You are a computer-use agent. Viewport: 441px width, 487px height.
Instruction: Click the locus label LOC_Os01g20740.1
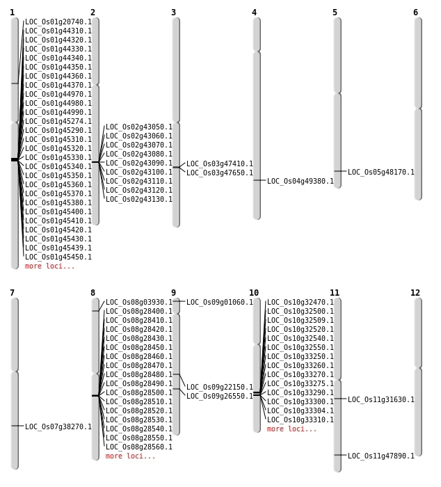pyautogui.click(x=58, y=22)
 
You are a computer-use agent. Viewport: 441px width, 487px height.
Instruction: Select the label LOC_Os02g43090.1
pyautogui.click(x=139, y=163)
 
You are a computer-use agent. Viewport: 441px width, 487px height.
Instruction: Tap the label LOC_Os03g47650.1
pyautogui.click(x=220, y=173)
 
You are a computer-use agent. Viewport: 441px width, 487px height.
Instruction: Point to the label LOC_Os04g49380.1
pyautogui.click(x=300, y=181)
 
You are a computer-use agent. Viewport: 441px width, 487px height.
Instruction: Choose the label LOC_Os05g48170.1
pyautogui.click(x=381, y=172)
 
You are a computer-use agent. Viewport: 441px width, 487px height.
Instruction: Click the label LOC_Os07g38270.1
pyautogui.click(x=58, y=426)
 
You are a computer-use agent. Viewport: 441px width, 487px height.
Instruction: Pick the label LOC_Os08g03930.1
pyautogui.click(x=139, y=302)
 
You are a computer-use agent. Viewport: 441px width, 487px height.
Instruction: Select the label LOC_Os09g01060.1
pyautogui.click(x=220, y=302)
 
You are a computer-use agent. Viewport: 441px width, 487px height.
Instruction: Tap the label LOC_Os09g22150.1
pyautogui.click(x=220, y=387)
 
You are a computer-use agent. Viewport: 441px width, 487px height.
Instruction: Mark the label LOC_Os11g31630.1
pyautogui.click(x=381, y=400)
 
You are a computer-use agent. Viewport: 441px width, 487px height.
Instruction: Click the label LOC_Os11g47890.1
pyautogui.click(x=381, y=456)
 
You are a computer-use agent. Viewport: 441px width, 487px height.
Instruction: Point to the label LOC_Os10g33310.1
pyautogui.click(x=300, y=420)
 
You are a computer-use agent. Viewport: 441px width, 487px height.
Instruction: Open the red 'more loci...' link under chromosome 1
pyautogui.click(x=49, y=266)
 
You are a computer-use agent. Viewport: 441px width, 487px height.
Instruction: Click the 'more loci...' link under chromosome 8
pyautogui.click(x=131, y=456)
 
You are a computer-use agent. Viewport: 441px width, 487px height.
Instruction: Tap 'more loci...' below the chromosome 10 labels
pyautogui.click(x=292, y=429)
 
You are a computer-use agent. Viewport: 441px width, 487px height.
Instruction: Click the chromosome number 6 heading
pyautogui.click(x=415, y=13)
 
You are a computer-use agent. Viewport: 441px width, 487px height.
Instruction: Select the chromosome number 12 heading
pyautogui.click(x=415, y=293)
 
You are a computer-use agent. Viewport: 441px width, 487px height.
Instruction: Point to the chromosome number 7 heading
pyautogui.click(x=12, y=293)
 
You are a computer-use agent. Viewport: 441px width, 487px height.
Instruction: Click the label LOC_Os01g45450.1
pyautogui.click(x=58, y=257)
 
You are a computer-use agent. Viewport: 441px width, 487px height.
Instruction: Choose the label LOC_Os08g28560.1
pyautogui.click(x=139, y=447)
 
